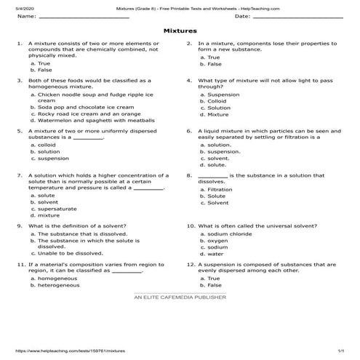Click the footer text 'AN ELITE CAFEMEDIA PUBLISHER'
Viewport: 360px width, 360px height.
(180, 297)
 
